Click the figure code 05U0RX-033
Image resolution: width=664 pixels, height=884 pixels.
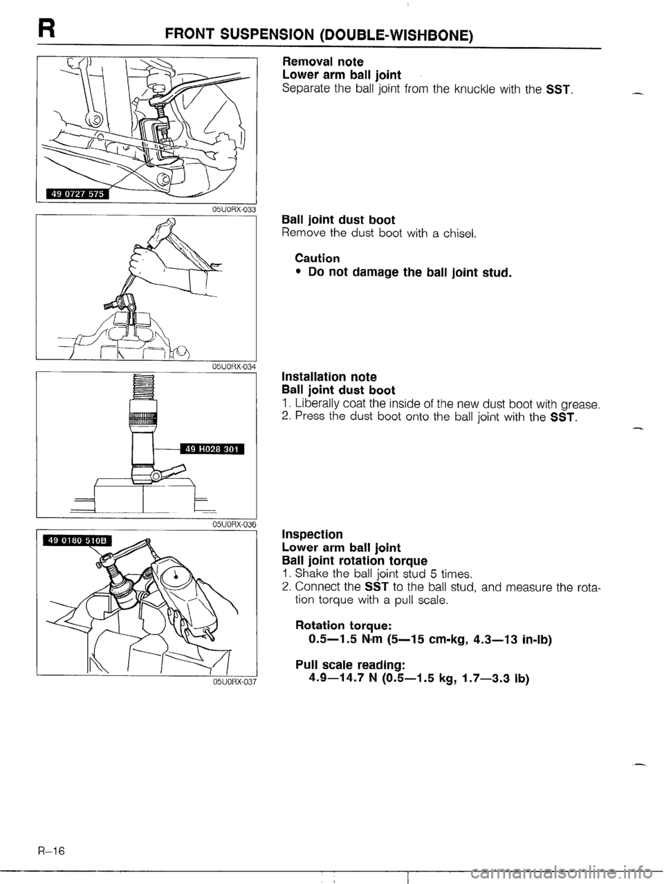click(x=232, y=209)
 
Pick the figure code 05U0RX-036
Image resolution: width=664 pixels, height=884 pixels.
click(x=232, y=525)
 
